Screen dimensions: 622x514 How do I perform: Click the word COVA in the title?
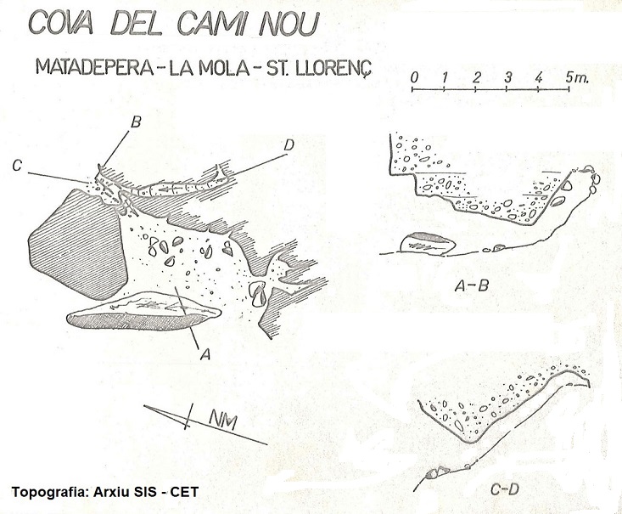coord(61,24)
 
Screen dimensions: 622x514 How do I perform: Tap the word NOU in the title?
coord(289,24)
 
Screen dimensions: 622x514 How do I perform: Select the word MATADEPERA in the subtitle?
coord(94,67)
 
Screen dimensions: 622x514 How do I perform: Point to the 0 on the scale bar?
coord(414,77)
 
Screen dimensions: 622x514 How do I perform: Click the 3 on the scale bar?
coord(508,77)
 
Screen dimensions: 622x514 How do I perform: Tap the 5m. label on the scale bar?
coord(576,77)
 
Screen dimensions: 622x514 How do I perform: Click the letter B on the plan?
coord(136,122)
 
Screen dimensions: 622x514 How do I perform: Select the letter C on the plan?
coord(17,165)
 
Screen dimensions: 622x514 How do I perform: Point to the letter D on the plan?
coord(289,146)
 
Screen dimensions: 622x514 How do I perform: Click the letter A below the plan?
coord(205,353)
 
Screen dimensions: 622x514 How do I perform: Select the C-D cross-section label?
coord(505,489)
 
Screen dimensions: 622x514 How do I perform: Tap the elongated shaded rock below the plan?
coord(143,312)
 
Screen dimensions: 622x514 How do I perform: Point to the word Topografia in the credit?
coord(48,492)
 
